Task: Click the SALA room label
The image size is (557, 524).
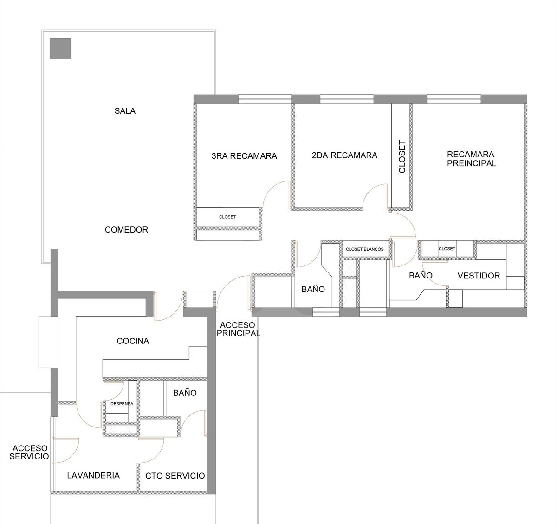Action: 125,111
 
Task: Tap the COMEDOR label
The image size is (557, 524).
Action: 127,230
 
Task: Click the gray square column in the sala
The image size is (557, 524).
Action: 60,49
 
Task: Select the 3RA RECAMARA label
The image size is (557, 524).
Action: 244,156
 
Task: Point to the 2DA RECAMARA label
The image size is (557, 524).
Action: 344,155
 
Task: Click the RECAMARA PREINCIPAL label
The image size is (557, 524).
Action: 472,159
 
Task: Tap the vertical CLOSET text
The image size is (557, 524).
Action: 402,157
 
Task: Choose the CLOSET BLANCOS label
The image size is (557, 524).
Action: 364,249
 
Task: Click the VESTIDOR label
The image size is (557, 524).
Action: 479,276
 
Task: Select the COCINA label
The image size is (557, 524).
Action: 133,341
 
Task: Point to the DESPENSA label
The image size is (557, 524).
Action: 122,404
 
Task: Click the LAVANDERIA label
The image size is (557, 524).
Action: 93,475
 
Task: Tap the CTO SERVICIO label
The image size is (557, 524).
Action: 175,476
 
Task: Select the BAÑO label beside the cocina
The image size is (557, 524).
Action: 185,393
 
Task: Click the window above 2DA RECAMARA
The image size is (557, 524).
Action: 347,99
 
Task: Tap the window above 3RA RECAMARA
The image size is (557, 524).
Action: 265,99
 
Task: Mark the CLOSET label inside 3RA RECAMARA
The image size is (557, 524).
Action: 227,217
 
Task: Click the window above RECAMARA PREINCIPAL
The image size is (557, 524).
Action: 454,99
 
